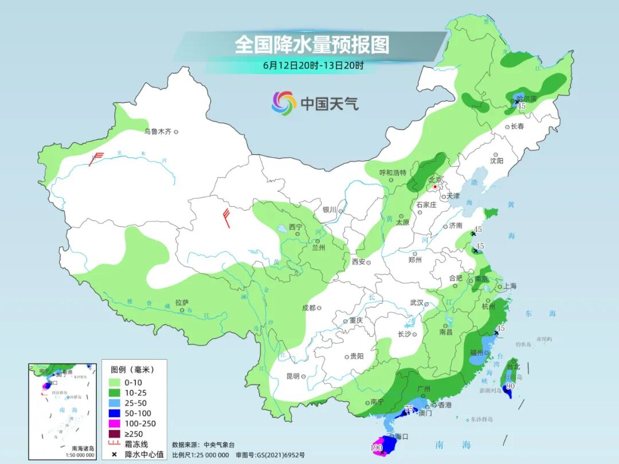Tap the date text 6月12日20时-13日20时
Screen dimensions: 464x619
(313, 65)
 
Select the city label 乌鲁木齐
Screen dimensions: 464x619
(158, 132)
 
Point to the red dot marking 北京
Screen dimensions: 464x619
(436, 187)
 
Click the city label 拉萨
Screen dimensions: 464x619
(182, 302)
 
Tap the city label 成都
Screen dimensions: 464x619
(309, 308)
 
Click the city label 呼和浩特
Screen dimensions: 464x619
(393, 172)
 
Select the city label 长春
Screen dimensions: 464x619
(518, 127)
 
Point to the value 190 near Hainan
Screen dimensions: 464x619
(376, 447)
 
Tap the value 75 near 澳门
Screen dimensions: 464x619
(409, 408)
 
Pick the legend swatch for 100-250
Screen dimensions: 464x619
(115, 423)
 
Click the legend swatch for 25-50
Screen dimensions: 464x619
(115, 403)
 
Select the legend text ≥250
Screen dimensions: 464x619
(135, 434)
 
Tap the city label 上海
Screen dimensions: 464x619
(509, 286)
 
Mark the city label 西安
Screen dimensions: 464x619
(358, 262)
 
